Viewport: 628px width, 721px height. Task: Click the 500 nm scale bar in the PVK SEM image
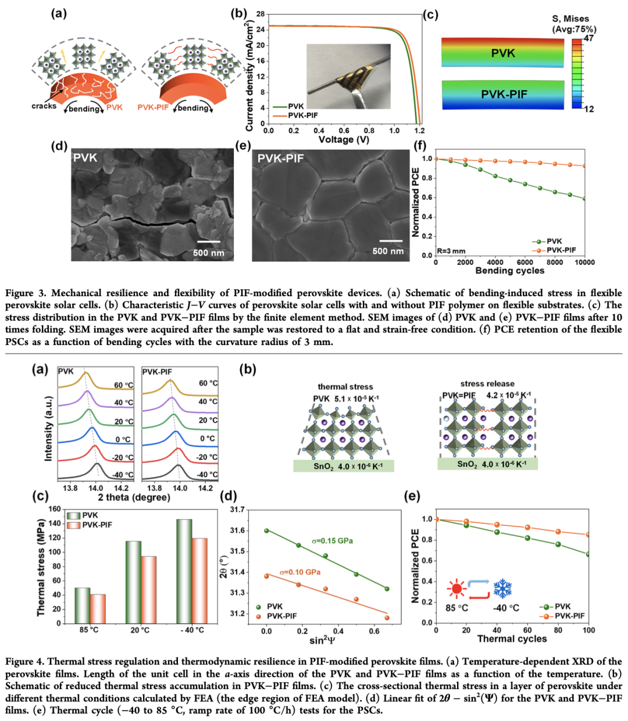208,241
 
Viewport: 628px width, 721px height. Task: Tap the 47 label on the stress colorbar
588,38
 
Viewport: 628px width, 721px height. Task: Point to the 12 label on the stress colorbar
588,109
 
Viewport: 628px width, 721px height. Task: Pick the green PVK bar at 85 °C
82,605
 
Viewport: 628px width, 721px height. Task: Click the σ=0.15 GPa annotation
332,541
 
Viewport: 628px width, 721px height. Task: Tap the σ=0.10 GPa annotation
300,572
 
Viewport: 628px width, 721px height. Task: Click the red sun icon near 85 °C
456,589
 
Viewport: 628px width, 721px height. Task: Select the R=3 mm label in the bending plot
451,251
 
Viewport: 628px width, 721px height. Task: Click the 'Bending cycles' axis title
510,271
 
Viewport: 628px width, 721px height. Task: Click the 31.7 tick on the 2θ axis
237,510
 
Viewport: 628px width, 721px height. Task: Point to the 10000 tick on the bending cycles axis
584,262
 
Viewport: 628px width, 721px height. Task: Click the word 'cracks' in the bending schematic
44,106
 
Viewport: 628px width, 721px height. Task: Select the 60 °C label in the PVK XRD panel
123,385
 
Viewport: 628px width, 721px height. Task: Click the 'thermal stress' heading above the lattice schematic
345,386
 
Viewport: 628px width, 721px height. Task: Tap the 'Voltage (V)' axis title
344,140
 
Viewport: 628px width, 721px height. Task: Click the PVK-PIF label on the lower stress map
504,94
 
